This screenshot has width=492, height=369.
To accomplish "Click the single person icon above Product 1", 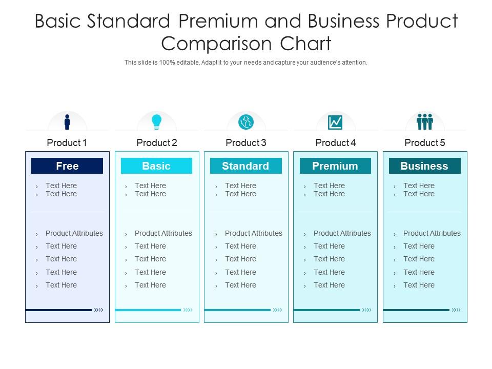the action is tap(67, 122).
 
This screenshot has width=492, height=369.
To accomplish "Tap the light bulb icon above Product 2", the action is tap(157, 122).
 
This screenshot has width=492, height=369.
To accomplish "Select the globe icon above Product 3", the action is tap(246, 122).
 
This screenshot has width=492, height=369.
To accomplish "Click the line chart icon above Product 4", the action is tap(335, 122).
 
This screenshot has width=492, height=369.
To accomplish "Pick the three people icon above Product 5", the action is tap(425, 122).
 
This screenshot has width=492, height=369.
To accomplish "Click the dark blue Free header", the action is tap(67, 166).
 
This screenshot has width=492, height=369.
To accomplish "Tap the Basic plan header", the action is tap(157, 166).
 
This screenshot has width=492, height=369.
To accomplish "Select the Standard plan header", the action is tap(246, 166).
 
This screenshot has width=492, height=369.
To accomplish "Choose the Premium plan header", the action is tap(335, 166).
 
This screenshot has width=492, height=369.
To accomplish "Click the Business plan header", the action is tap(425, 166).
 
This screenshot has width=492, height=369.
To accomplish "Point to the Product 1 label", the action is tap(67, 143).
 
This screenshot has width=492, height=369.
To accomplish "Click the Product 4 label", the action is tap(335, 143).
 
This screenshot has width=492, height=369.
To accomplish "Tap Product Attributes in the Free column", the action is tap(74, 233).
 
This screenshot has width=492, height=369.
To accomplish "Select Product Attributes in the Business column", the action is tap(432, 233).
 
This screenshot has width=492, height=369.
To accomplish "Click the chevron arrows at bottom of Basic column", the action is tap(188, 310).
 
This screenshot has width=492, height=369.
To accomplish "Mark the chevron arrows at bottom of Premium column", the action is tap(366, 310).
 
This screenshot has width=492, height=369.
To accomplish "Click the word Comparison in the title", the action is tap(216, 44).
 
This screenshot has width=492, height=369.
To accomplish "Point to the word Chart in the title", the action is tap(305, 43).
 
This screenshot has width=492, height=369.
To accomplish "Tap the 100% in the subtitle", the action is tap(167, 63).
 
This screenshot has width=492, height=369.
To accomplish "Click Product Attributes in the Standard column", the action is tap(254, 233).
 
